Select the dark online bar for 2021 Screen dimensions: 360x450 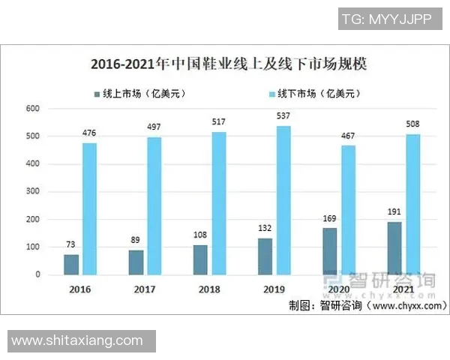pyautogui.click(x=394, y=248)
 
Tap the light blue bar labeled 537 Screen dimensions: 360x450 pyautogui.click(x=283, y=200)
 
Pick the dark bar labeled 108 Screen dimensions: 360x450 pyautogui.click(x=200, y=259)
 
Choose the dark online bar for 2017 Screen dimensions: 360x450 pyautogui.click(x=136, y=262)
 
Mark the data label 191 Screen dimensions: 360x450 pyautogui.click(x=394, y=213)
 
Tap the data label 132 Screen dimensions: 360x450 pyautogui.click(x=265, y=229)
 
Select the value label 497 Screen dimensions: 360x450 pyautogui.click(x=154, y=128)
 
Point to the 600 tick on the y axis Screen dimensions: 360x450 pyautogui.click(x=32, y=109)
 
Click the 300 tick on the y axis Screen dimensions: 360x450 pyautogui.click(x=32, y=192)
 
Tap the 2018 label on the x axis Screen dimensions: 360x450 pyautogui.click(x=209, y=289)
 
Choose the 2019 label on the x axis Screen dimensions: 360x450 pyautogui.click(x=274, y=289)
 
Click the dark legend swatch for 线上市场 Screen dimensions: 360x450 pyautogui.click(x=96, y=94)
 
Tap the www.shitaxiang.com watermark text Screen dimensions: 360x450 pyautogui.click(x=77, y=340)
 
